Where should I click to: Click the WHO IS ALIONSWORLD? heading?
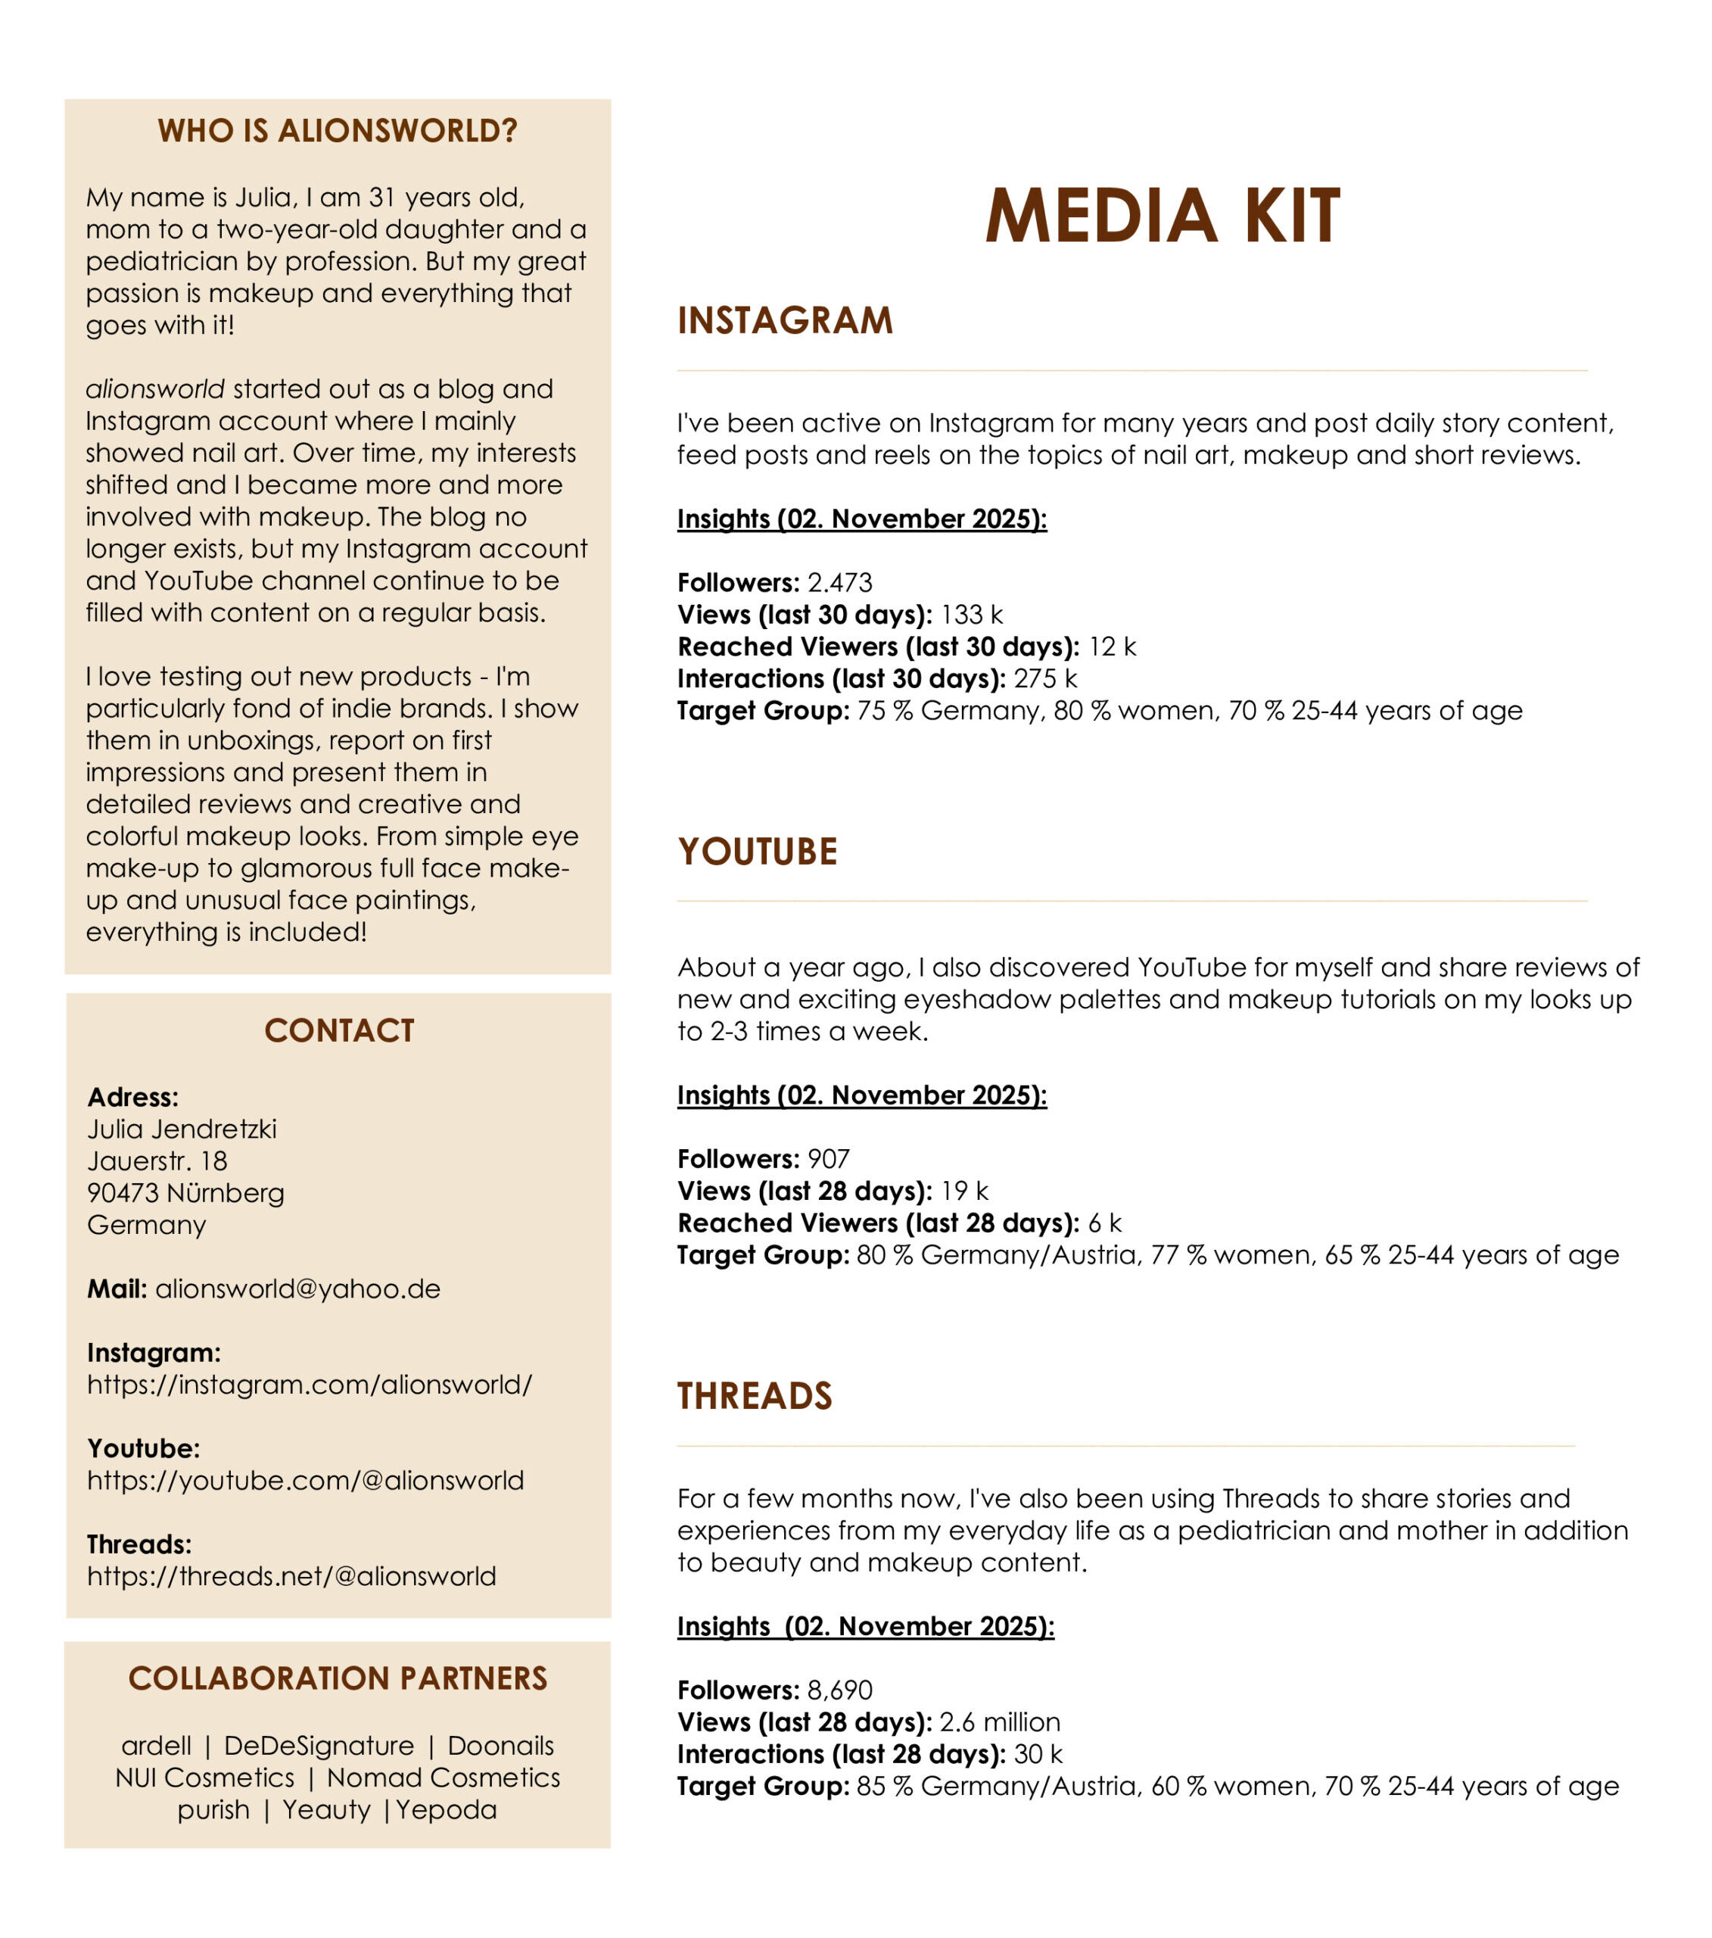pyautogui.click(x=338, y=131)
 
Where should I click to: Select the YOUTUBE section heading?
pyautogui.click(x=756, y=852)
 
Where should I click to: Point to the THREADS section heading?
pyautogui.click(x=754, y=1396)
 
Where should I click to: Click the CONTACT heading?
pyautogui.click(x=338, y=1030)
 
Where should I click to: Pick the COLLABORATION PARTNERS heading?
pyautogui.click(x=338, y=1678)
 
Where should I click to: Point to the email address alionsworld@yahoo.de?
pyautogui.click(x=297, y=1288)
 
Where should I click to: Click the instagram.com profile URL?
pyautogui.click(x=309, y=1385)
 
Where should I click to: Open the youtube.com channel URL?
pyautogui.click(x=305, y=1480)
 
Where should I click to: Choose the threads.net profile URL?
pyautogui.click(x=291, y=1576)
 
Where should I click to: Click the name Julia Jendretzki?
pyautogui.click(x=182, y=1129)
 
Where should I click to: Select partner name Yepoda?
pyautogui.click(x=446, y=1809)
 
